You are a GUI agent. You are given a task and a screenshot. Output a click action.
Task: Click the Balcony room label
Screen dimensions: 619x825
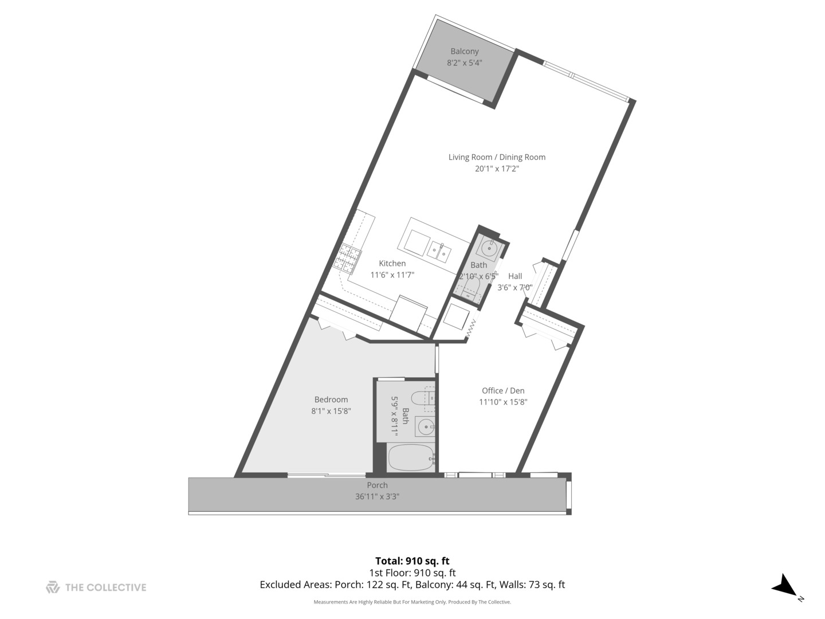coord(464,52)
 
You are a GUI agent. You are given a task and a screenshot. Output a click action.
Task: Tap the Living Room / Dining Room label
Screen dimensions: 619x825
coord(497,157)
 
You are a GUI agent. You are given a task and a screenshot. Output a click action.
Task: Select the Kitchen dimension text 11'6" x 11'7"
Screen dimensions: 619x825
coord(392,275)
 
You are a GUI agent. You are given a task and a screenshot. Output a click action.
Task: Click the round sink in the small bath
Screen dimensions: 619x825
coord(489,248)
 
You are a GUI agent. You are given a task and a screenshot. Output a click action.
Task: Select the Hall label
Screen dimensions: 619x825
coord(515,276)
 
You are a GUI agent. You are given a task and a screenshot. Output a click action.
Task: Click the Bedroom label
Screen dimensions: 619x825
coord(331,399)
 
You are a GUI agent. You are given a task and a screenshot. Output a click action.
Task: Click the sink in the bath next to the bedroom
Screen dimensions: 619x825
coord(426,427)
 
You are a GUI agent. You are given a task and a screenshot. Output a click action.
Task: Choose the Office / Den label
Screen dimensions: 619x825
coord(503,391)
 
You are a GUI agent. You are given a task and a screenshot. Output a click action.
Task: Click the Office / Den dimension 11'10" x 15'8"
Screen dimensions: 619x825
coord(503,402)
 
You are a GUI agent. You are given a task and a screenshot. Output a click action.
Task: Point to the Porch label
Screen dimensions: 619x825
coord(377,485)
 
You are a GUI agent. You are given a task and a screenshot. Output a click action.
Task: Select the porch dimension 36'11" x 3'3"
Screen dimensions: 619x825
coord(377,497)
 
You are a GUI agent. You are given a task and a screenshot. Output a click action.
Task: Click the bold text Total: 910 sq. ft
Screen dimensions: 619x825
coord(412,561)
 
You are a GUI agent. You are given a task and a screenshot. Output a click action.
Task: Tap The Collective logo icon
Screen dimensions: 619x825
coord(53,587)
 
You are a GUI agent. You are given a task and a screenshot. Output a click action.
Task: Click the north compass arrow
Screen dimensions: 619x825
coord(784,586)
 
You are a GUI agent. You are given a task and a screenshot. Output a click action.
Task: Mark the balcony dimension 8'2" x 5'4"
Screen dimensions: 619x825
coord(464,63)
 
